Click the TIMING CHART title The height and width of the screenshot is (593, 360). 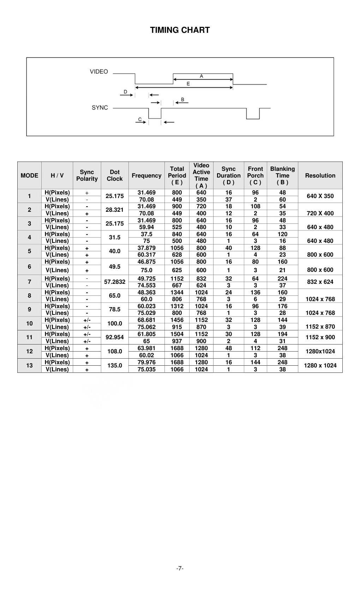tap(180, 30)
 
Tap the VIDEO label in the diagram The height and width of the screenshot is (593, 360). tap(99, 72)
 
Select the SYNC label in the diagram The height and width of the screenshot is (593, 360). tap(100, 108)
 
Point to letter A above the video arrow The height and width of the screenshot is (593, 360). tap(202, 76)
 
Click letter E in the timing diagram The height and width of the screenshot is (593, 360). tap(188, 84)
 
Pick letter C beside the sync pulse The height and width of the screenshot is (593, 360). tap(140, 119)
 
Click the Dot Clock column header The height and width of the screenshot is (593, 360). tap(115, 175)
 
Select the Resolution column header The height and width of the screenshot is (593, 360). tap(320, 175)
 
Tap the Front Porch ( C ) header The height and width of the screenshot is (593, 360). tap(255, 175)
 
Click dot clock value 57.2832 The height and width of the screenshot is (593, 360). tap(115, 282)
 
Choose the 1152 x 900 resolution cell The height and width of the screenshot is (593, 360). tap(320, 337)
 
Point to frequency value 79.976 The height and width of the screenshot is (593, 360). tap(146, 362)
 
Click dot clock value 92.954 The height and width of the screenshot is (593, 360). tap(115, 337)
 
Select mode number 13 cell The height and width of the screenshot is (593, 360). tap(29, 365)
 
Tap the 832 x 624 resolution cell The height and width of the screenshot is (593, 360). tap(320, 282)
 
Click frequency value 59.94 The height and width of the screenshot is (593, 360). tap(146, 227)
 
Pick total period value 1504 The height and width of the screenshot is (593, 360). tap(177, 334)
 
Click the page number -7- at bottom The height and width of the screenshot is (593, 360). tap(180, 568)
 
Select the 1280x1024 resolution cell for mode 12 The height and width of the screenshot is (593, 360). tap(320, 351)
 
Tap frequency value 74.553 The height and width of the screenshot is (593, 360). tap(146, 285)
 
